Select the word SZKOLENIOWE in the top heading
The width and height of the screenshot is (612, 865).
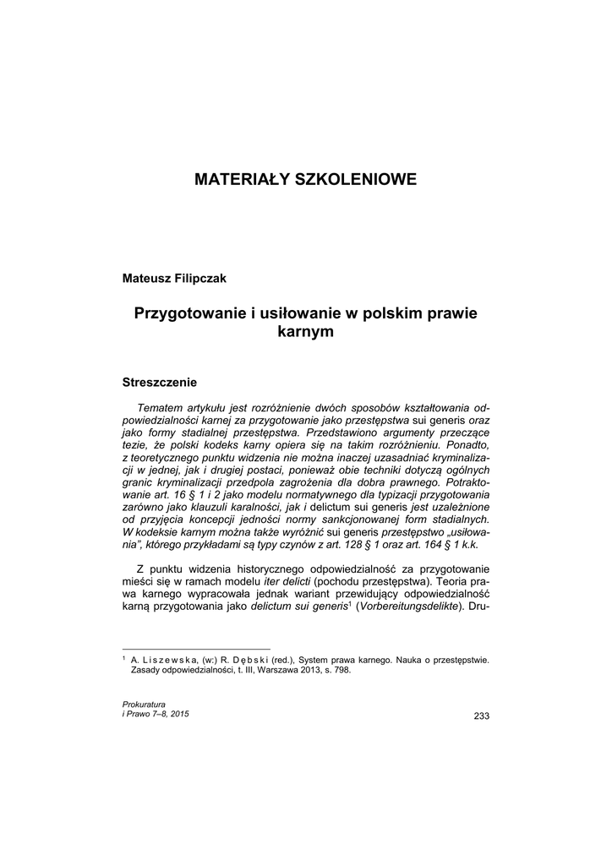350,180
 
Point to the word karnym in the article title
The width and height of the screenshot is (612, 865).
306,332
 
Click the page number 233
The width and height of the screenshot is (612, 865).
482,717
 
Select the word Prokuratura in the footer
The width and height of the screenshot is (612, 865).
144,704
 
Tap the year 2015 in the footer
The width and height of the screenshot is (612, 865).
178,715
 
